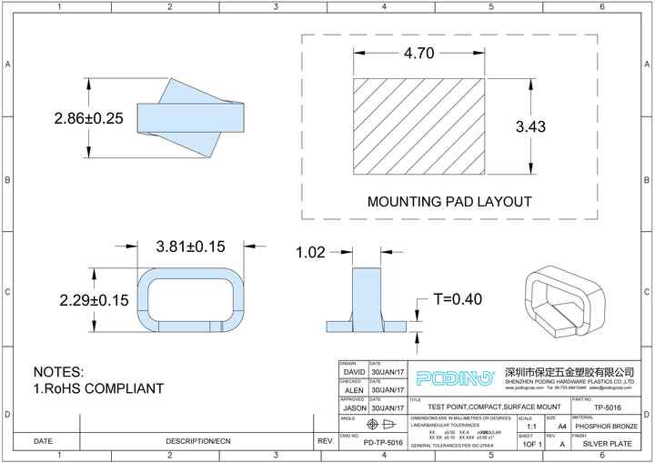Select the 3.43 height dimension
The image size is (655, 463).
[x=530, y=126]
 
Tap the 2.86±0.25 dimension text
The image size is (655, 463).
[x=88, y=118]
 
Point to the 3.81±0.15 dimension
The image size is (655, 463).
[x=190, y=247]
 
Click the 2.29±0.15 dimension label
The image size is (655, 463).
[x=95, y=300]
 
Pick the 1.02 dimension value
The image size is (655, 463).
[x=310, y=253]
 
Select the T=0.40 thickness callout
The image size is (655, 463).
[x=457, y=298]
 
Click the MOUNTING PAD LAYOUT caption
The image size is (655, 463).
[x=448, y=201]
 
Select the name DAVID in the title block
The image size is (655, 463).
[x=354, y=373]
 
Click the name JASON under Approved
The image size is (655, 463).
[x=354, y=408]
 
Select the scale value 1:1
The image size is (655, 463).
[x=530, y=426]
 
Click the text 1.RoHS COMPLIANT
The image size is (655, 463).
[x=98, y=388]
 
